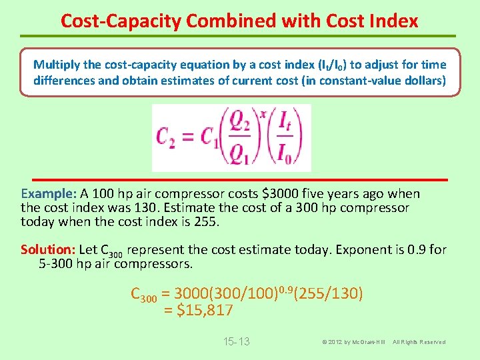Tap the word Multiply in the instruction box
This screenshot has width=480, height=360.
coord(57,65)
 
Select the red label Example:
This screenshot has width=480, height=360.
coord(49,194)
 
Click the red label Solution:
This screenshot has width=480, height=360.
coord(48,250)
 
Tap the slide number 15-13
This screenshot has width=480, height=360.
coord(236,342)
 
